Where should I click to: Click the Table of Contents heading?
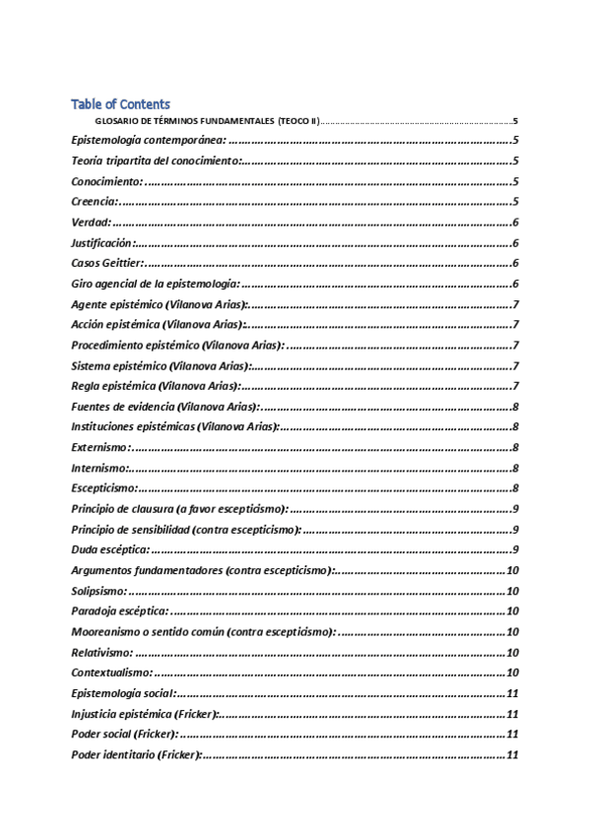click(x=120, y=103)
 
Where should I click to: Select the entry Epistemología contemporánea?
click(x=149, y=140)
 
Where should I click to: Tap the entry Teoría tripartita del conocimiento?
click(x=156, y=161)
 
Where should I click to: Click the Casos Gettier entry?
click(x=107, y=263)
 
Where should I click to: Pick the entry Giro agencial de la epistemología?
click(x=155, y=284)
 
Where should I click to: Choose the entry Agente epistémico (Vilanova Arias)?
click(x=159, y=304)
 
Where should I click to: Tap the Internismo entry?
click(x=99, y=468)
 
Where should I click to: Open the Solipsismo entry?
click(x=98, y=591)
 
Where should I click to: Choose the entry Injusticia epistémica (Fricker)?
click(x=145, y=714)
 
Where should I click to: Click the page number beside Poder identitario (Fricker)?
click(x=512, y=755)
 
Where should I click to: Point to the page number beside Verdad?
click(x=516, y=223)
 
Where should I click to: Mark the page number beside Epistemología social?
click(x=512, y=693)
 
